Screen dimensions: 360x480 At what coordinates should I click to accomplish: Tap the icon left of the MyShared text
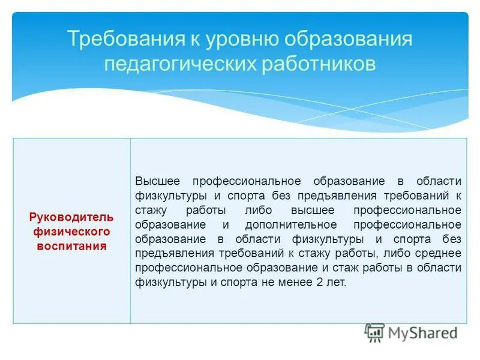click(x=375, y=332)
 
